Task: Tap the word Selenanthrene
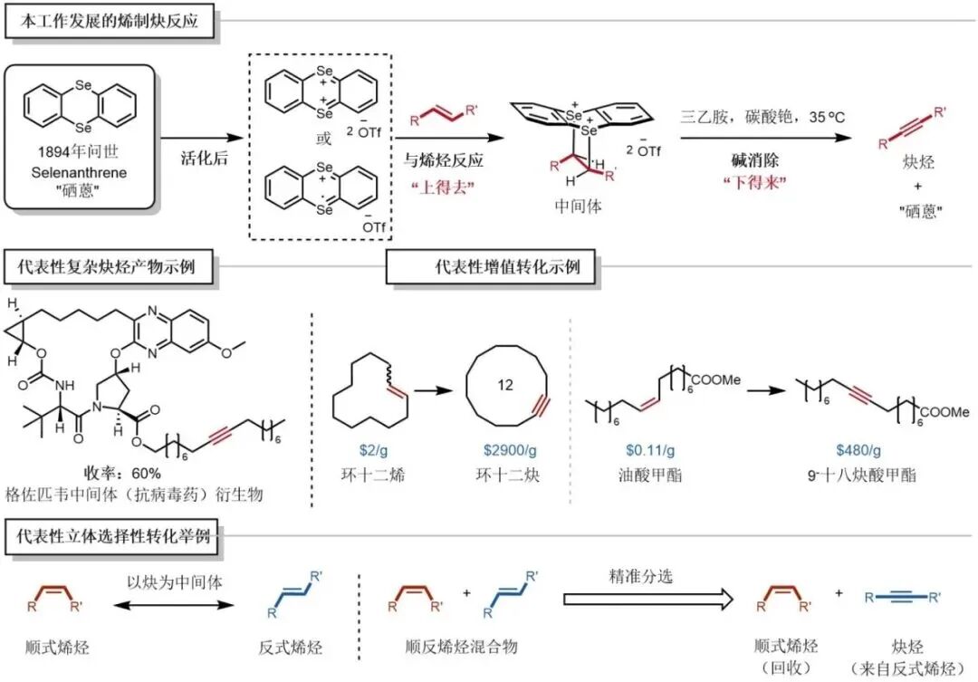point(81,171)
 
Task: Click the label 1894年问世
point(81,152)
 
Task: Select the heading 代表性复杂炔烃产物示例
point(113,267)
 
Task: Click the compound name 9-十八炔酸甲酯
point(862,474)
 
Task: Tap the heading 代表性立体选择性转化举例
point(113,535)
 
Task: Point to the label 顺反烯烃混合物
point(461,647)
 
